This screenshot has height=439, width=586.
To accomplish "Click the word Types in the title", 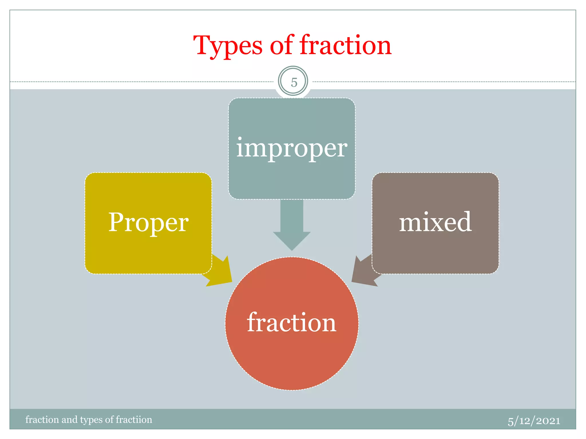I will click(x=228, y=46).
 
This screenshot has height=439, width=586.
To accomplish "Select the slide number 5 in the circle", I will click(x=294, y=82).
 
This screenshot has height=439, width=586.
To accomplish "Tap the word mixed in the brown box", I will click(x=435, y=222).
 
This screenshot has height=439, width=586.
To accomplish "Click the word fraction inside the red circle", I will click(x=292, y=323).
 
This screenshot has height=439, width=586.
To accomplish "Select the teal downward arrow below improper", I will click(x=292, y=226).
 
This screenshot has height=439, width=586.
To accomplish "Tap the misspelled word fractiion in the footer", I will click(x=134, y=420).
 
